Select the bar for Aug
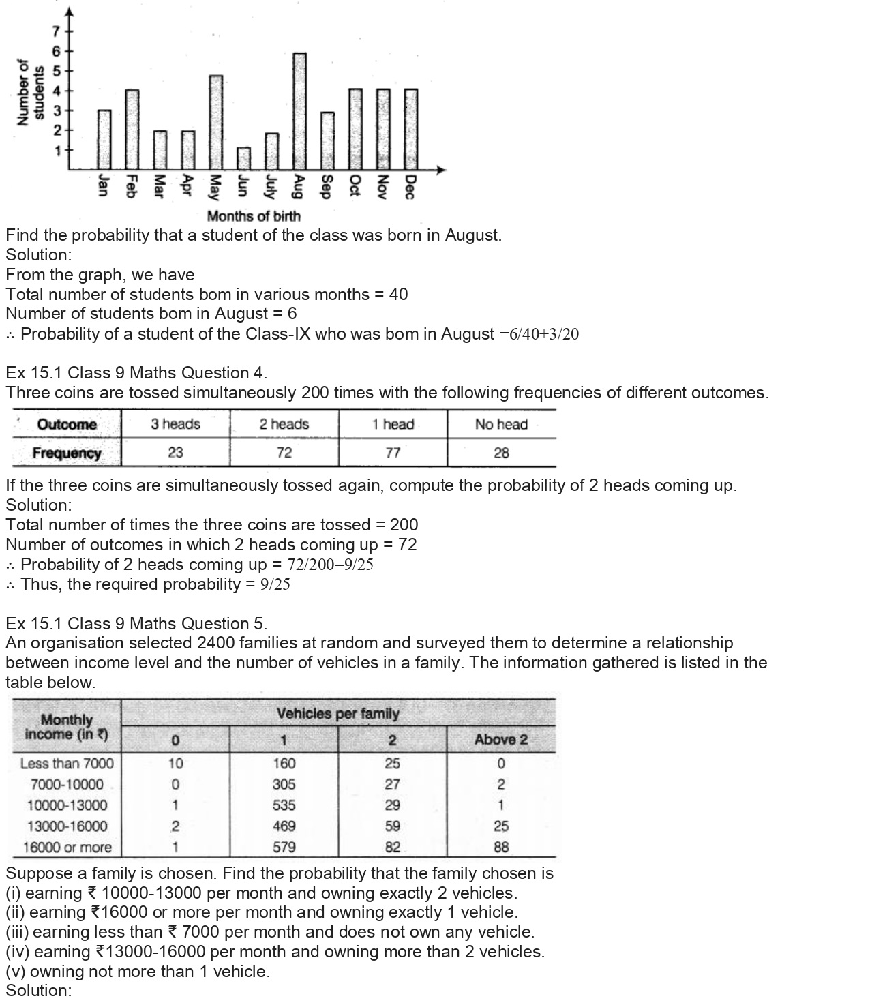[299, 111]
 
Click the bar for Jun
[243, 158]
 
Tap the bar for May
[215, 122]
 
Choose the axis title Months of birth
[254, 216]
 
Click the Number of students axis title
[30, 92]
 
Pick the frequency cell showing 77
[393, 453]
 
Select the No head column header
[501, 424]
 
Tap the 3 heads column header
[175, 424]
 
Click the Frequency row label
[67, 453]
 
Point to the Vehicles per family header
[337, 714]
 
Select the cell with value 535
[284, 805]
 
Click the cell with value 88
[501, 848]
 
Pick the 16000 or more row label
[67, 848]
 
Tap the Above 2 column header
[501, 740]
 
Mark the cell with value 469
[284, 826]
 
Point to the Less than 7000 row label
[67, 764]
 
